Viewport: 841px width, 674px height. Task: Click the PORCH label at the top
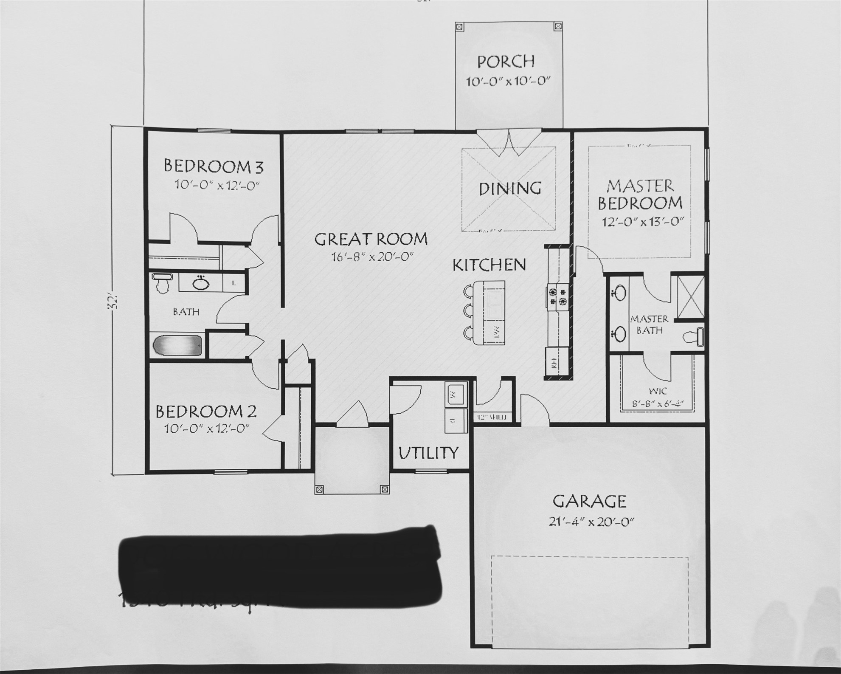pos(506,62)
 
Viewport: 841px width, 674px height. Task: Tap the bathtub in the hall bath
pos(177,346)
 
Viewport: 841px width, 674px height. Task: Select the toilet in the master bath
pos(693,336)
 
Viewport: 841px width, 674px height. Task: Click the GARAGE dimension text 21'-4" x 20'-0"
pos(591,522)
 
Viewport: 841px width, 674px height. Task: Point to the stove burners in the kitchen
pos(558,296)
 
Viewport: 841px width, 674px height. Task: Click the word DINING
pos(510,189)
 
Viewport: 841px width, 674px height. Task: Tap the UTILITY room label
pos(428,453)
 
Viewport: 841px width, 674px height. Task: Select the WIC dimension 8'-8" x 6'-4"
pos(658,404)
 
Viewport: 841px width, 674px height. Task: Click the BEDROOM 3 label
pos(214,166)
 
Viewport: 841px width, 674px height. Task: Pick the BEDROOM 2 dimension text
pos(207,429)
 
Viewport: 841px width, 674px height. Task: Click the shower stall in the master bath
pos(691,296)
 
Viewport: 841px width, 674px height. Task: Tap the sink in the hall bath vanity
pos(200,283)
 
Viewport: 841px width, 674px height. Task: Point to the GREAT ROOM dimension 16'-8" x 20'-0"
pos(372,257)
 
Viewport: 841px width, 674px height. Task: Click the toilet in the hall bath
pos(162,282)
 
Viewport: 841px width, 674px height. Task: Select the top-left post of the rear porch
pos(459,27)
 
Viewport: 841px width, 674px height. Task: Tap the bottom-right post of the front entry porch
pos(385,489)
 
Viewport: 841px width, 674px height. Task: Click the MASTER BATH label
pos(649,324)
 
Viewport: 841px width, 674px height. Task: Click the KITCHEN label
pos(489,265)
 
